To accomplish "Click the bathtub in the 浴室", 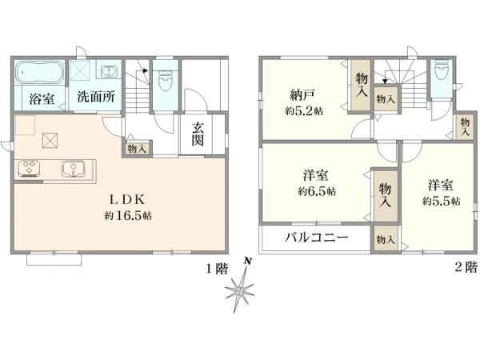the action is (x=39, y=72).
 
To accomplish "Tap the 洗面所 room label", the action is (x=96, y=97).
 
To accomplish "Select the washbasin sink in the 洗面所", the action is (x=108, y=72).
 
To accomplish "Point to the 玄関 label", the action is (x=198, y=134).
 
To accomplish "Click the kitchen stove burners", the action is (x=30, y=169).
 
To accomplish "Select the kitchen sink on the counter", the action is (x=73, y=169).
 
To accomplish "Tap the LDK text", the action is (x=127, y=200).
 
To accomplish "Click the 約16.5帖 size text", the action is (x=128, y=216).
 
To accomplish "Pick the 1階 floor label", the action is (x=217, y=269).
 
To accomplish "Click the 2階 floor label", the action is (x=466, y=267).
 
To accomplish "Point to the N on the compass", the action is (x=248, y=261).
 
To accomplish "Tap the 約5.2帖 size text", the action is (x=304, y=111).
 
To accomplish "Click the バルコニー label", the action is (x=317, y=238).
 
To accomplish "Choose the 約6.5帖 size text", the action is (x=317, y=192).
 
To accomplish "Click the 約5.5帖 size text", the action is (x=442, y=201).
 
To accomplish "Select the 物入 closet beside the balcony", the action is (x=386, y=239).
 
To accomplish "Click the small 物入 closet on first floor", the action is (x=137, y=149).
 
